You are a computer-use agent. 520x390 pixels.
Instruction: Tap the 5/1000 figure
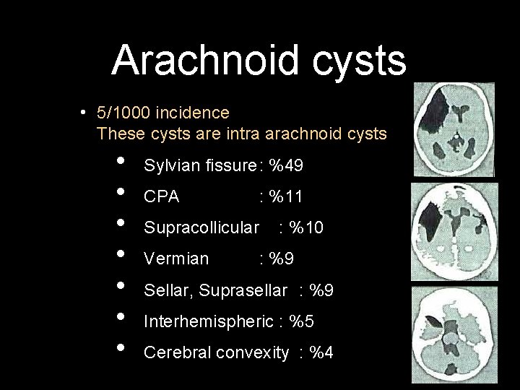123,113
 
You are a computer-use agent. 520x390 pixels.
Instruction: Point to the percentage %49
285,166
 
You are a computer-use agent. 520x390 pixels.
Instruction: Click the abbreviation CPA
162,196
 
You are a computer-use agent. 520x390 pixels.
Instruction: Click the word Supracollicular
201,228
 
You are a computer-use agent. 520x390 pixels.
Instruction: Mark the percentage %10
306,228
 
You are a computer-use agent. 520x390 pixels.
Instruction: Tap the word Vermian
176,259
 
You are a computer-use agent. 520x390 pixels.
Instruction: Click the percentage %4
321,353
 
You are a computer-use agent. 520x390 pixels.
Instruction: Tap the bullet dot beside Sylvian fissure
120,161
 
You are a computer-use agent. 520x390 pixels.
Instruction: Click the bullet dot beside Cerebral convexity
120,348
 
